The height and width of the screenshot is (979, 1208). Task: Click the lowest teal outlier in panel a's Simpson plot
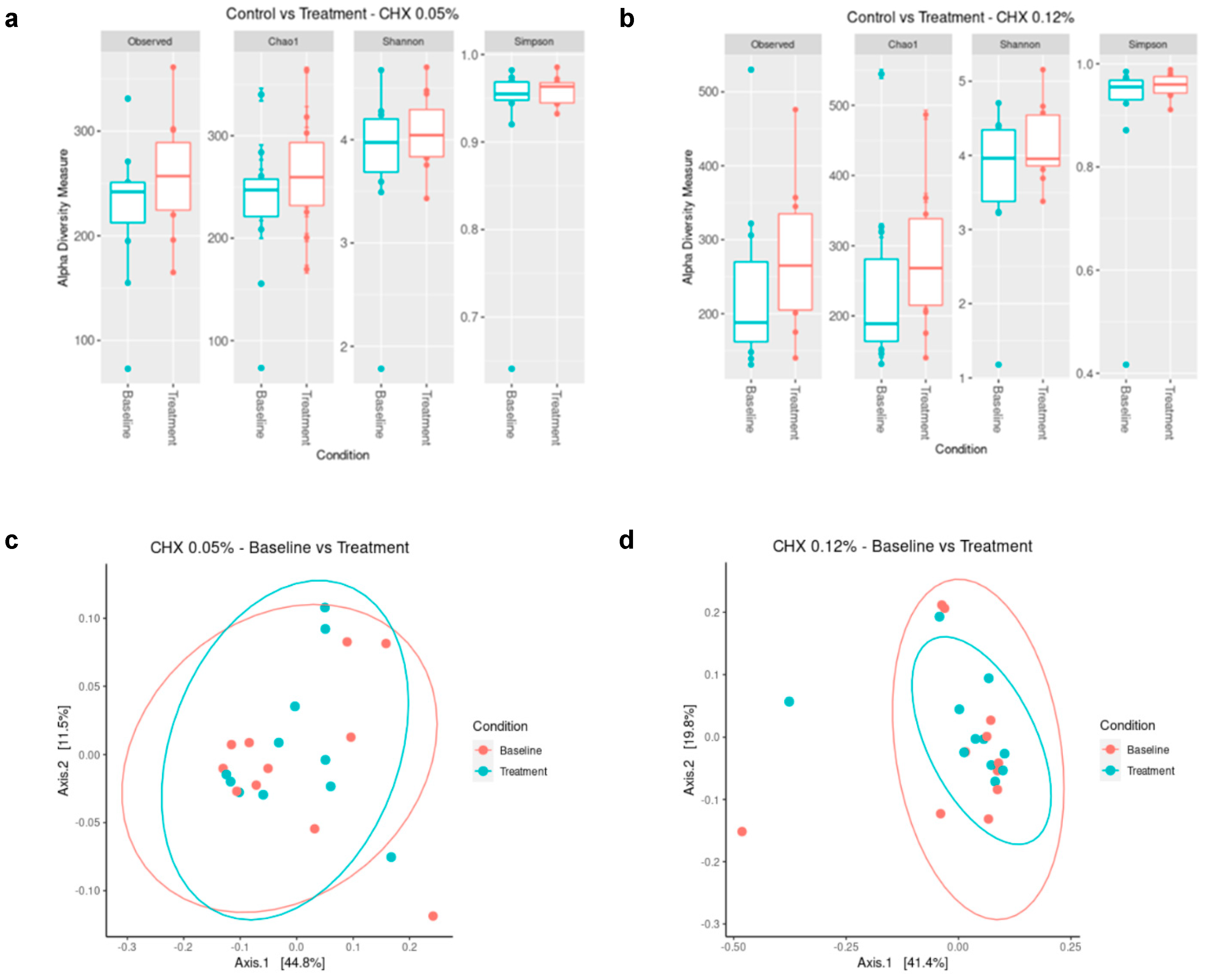point(511,369)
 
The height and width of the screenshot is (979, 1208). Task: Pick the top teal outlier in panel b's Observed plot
point(751,70)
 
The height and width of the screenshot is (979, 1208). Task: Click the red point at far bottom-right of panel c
point(433,916)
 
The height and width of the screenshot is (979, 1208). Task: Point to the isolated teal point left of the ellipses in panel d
point(789,702)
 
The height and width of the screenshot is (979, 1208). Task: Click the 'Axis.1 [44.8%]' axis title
point(280,963)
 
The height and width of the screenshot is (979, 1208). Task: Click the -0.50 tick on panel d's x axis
point(733,947)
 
